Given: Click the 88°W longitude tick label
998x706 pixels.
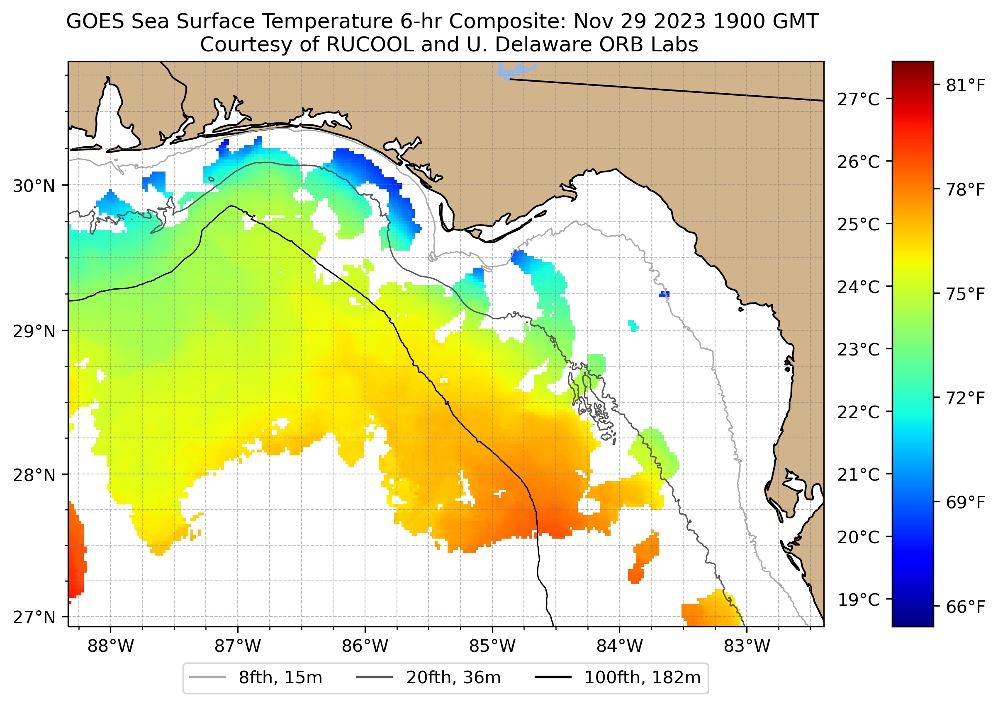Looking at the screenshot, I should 111,646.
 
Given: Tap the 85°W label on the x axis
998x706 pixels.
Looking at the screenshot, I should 492,646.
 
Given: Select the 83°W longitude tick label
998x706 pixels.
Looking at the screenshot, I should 747,646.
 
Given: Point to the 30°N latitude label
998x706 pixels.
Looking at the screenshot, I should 34,186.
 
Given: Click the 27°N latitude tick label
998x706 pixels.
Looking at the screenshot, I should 34,617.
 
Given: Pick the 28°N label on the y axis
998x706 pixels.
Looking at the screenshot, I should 34,475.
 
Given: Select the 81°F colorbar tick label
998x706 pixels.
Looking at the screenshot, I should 965,86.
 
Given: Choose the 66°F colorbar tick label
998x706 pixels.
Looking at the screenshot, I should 965,607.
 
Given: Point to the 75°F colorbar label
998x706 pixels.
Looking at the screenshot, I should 965,294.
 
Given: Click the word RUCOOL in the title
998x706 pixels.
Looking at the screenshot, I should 369,45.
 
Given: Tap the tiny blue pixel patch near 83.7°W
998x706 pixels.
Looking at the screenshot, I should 664,294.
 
